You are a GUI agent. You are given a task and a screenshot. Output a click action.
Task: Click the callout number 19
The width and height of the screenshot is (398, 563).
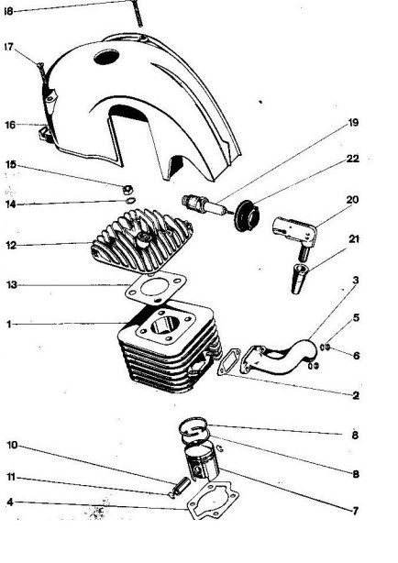point(353,123)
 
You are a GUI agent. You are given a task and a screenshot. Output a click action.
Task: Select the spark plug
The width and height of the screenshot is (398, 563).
point(205,205)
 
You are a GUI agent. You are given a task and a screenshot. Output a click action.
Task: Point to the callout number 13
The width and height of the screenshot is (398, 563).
point(12,285)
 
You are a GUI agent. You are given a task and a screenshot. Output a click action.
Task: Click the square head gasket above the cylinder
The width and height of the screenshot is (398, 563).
point(156,288)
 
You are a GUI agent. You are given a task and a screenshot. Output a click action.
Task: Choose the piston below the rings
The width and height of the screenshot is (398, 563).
point(202,462)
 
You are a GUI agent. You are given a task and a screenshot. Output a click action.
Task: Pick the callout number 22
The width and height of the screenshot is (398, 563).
point(353,159)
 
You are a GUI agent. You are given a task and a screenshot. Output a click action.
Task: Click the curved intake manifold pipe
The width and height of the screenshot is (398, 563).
point(279,357)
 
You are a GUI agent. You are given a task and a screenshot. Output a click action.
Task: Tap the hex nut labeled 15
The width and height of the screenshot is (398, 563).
point(127,189)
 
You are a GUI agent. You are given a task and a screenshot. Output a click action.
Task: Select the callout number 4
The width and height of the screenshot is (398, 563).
point(10,502)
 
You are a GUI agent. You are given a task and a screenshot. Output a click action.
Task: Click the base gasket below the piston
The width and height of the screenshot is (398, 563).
point(213,501)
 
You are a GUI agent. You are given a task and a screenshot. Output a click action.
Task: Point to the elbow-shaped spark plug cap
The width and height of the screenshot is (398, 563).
point(294,234)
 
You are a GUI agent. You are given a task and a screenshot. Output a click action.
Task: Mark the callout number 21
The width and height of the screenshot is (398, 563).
point(354,238)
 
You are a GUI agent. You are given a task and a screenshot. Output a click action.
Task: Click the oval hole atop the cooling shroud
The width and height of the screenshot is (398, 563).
point(106,58)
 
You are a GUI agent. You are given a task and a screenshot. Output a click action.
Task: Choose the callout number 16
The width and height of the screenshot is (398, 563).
point(10,125)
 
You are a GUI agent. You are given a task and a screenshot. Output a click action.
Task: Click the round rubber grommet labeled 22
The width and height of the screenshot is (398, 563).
point(247,215)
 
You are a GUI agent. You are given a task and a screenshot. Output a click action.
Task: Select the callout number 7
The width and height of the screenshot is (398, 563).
point(355,510)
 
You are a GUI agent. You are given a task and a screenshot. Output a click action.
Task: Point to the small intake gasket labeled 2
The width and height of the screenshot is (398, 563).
point(229,361)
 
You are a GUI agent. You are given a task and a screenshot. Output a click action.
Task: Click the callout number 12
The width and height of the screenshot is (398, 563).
point(12,245)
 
